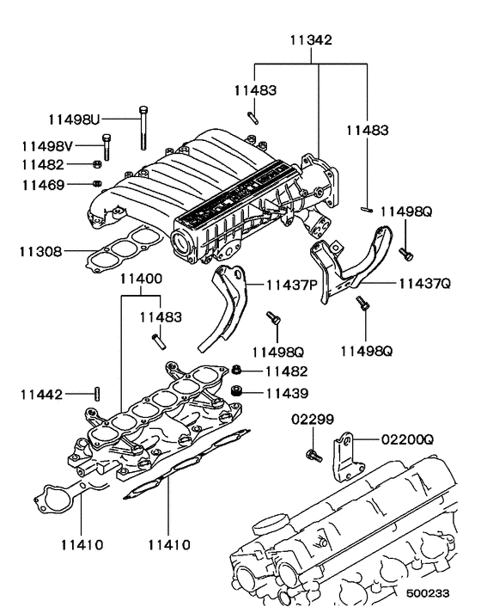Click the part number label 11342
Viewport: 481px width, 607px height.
click(x=310, y=40)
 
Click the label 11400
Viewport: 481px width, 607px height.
click(x=140, y=279)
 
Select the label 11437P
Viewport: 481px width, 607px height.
click(x=291, y=285)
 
